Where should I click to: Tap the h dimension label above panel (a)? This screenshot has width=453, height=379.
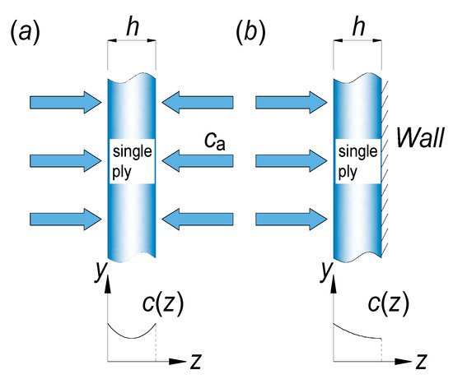[131, 27]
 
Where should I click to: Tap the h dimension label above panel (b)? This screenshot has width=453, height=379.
[357, 27]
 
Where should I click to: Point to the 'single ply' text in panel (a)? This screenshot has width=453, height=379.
[132, 162]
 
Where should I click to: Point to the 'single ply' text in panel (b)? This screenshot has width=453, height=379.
[357, 162]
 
